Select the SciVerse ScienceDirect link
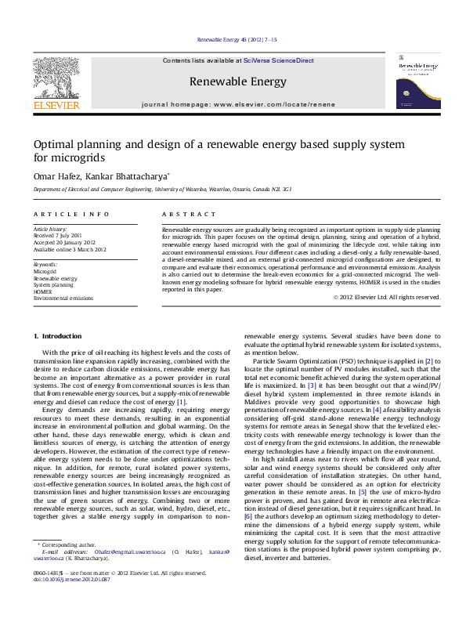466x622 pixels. pyautogui.click(x=278, y=60)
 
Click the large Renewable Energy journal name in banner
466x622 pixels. pyautogui.click(x=237, y=81)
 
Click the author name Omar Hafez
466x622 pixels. pyautogui.click(x=55, y=177)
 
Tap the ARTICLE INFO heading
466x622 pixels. pyautogui.click(x=60, y=214)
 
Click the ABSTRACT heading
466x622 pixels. pyautogui.click(x=188, y=214)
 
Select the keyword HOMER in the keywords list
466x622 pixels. pyautogui.click(x=42, y=291)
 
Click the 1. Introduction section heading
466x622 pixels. pyautogui.click(x=57, y=336)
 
